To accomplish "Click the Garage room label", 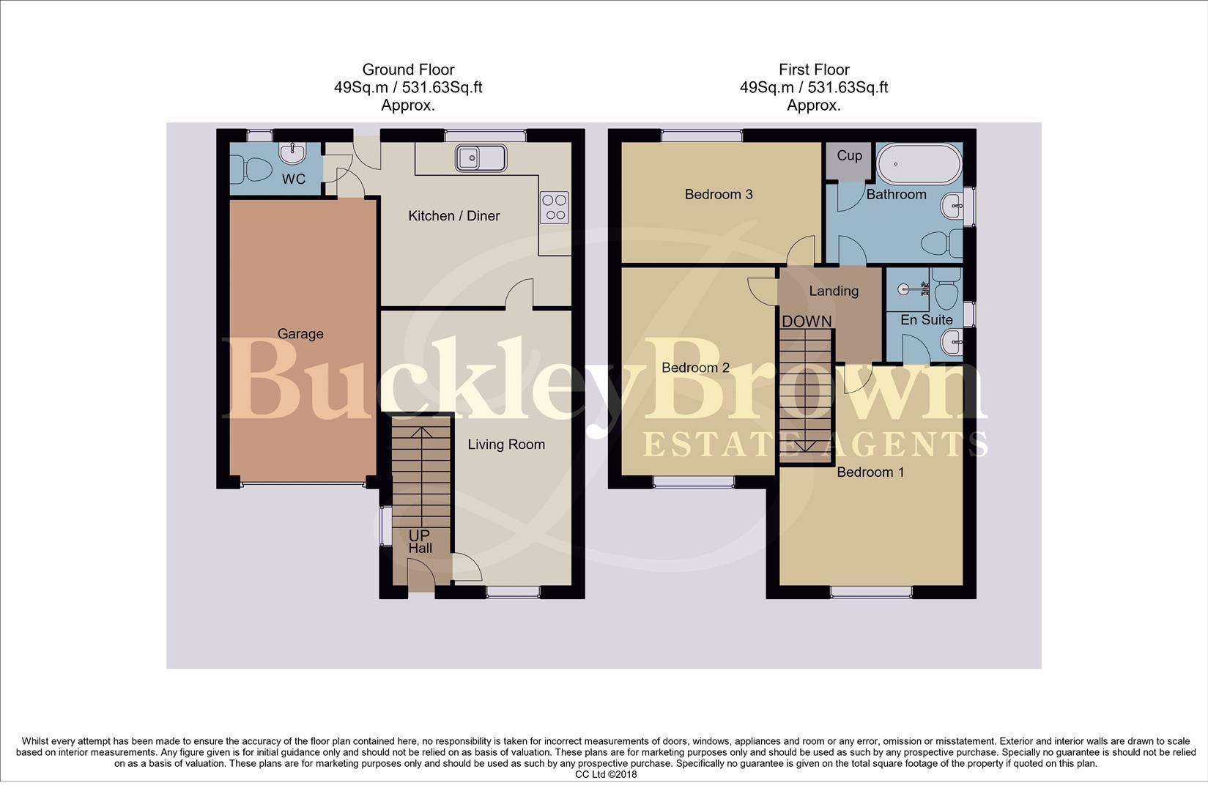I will pos(300,334).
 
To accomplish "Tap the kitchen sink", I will pos(481,157).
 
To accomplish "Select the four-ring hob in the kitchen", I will pos(555,207).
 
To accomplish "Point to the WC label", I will pos(294,179).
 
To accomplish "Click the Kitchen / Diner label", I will pos(453,216).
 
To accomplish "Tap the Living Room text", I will pos(506,445).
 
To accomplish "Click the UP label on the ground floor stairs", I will pos(419,535).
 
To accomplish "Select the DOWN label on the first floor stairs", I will pos(807,322).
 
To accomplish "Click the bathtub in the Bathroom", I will pos(919,165).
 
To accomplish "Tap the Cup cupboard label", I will pos(849,156).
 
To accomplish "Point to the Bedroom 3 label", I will pos(719,194).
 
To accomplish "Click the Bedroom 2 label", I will pos(695,368).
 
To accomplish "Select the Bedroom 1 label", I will pos(870,472).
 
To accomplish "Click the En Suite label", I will pos(927,320).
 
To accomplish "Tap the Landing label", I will pos(834,291).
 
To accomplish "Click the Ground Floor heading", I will pos(408,70).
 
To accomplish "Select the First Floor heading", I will pos(814,70).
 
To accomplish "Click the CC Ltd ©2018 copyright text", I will pos(606,774).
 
